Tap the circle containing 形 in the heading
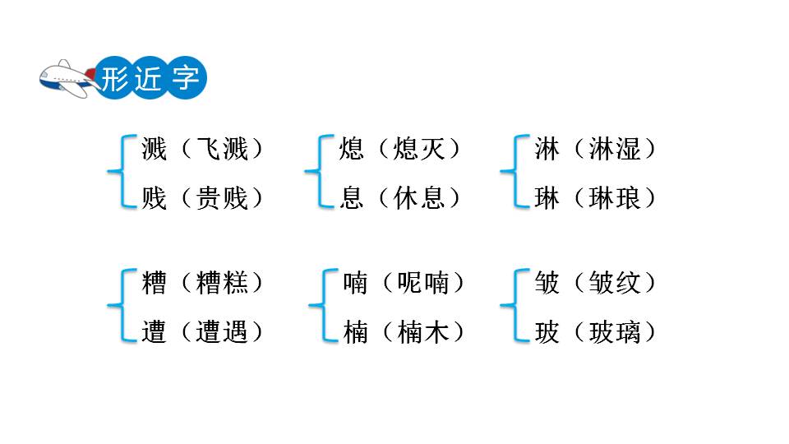tap(113, 79)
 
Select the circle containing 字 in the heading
tap(187, 79)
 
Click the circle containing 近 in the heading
tap(150, 79)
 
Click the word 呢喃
tap(423, 283)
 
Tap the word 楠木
tap(423, 332)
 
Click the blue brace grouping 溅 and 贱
tap(119, 173)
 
